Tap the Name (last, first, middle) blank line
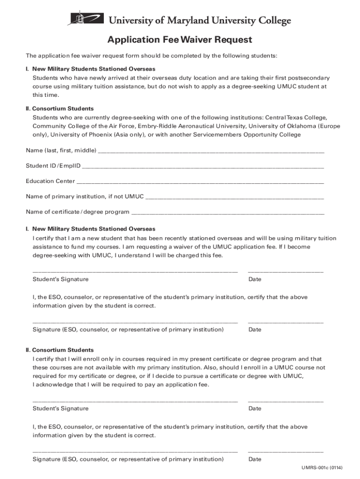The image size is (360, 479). (x=211, y=151)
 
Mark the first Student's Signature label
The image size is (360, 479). (x=60, y=279)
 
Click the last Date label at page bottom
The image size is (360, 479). (x=255, y=459)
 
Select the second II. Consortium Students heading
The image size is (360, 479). (x=59, y=350)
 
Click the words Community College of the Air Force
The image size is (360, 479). (x=78, y=126)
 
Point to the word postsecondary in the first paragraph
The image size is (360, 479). (x=309, y=78)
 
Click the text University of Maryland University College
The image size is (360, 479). (x=200, y=21)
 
